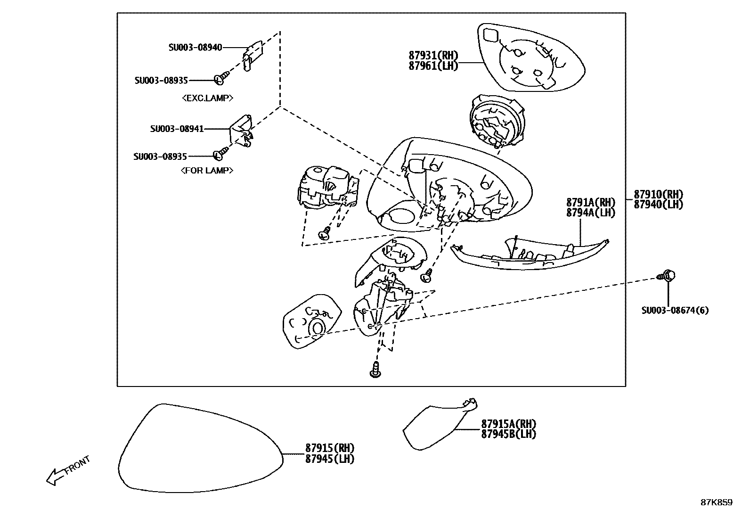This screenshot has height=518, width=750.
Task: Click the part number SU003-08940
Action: (195, 48)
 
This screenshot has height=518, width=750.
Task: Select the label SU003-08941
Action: (177, 129)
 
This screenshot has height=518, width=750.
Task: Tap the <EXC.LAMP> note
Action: (207, 98)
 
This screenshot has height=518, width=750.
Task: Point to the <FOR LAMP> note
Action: (207, 171)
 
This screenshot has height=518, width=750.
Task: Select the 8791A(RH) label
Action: (590, 203)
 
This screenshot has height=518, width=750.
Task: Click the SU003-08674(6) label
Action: (675, 310)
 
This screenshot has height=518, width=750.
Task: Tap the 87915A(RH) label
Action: (508, 424)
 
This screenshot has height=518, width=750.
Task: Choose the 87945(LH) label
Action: (329, 459)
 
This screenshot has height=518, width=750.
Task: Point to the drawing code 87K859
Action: (716, 502)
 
